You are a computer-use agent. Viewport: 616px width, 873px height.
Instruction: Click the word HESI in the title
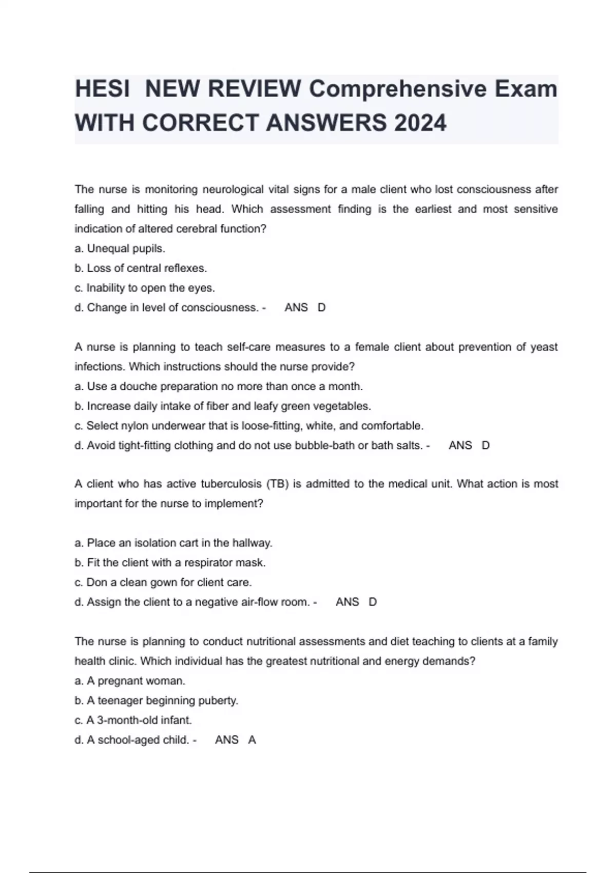click(x=102, y=89)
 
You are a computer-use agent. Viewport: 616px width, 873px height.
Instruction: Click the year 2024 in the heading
click(x=420, y=123)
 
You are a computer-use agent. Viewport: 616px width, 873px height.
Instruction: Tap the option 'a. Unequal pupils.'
click(x=120, y=249)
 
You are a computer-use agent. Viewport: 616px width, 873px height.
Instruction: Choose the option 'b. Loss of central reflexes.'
click(x=140, y=268)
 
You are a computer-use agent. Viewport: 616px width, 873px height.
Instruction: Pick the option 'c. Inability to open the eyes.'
click(x=144, y=288)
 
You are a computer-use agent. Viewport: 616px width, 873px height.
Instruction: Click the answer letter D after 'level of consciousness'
click(x=322, y=308)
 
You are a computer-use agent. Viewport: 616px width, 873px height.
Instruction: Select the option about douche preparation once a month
click(x=218, y=386)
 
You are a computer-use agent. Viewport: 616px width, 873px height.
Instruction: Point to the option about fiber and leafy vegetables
click(x=222, y=406)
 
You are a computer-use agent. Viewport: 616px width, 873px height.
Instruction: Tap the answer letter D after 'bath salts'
click(x=486, y=445)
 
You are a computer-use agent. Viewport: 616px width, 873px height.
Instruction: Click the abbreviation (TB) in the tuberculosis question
click(x=278, y=484)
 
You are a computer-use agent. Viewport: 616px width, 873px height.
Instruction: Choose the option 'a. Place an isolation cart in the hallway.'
click(x=173, y=543)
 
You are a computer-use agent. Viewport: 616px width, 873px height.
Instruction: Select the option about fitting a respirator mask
click(x=170, y=563)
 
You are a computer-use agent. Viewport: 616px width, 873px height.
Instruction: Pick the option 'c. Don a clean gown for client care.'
click(x=163, y=582)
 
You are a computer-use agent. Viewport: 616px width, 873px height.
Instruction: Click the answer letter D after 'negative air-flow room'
click(x=373, y=602)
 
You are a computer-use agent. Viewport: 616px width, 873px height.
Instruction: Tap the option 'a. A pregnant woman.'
click(x=130, y=681)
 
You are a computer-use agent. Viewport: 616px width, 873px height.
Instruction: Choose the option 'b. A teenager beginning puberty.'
click(x=156, y=700)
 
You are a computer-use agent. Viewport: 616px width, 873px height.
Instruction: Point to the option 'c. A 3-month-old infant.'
click(x=133, y=720)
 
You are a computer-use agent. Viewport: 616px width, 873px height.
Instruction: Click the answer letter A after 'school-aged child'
click(x=252, y=740)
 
